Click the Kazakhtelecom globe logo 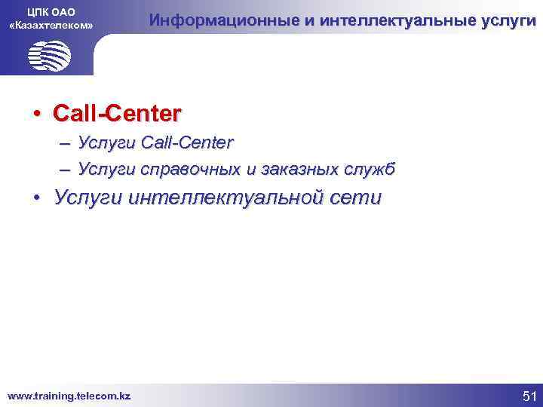click(49, 55)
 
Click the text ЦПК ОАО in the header click(51, 11)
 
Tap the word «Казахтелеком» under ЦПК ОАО click(51, 26)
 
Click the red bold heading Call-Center click(117, 114)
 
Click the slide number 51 click(527, 394)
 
